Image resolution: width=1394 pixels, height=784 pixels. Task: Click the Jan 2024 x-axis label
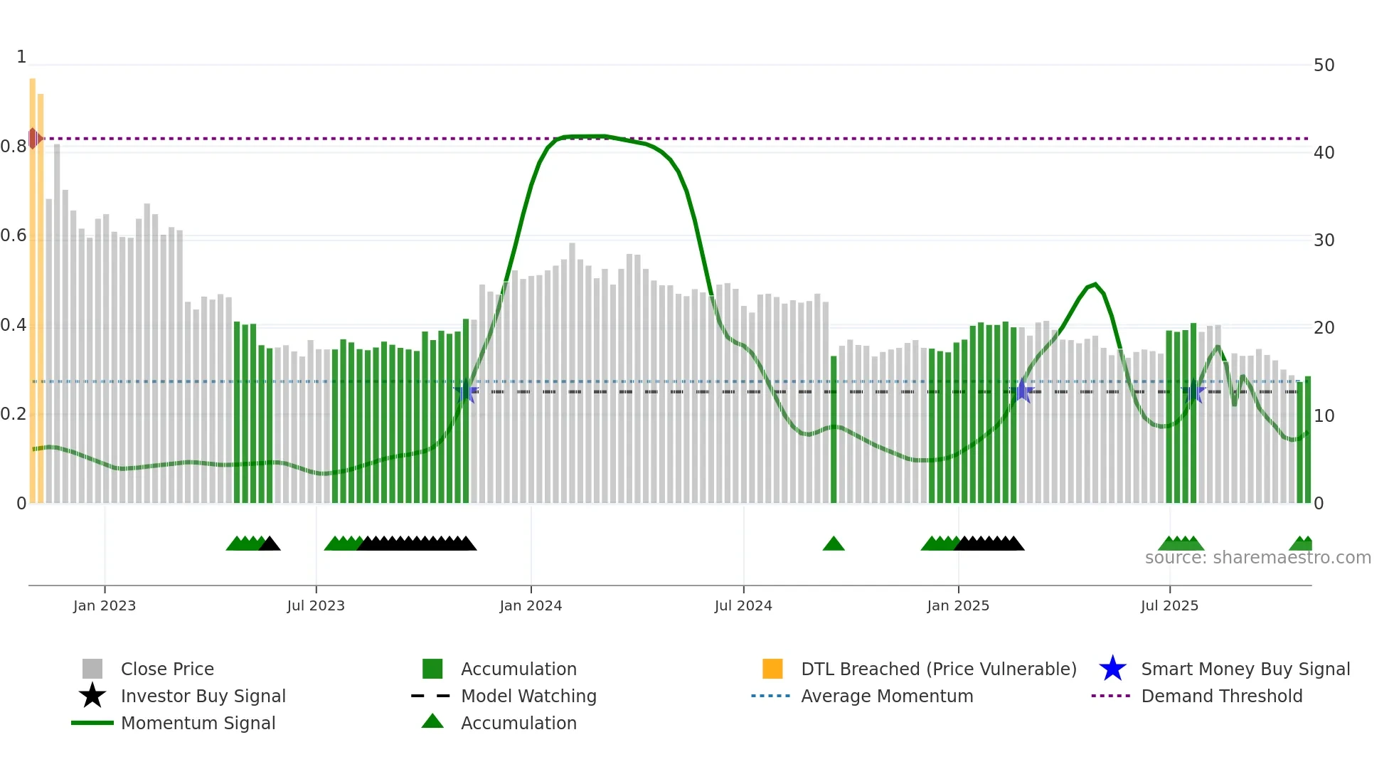531,605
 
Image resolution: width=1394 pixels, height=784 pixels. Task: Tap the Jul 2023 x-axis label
316,605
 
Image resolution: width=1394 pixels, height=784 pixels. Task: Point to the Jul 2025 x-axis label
1169,605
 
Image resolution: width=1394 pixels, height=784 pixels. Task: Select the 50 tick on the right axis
1324,65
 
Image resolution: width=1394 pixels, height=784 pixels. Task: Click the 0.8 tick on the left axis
14,147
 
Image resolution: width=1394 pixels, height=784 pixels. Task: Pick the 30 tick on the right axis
1324,240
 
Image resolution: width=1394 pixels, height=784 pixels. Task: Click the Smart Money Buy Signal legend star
1112,669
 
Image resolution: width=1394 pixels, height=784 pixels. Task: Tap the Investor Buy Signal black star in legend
92,696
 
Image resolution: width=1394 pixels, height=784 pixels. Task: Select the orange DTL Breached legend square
772,669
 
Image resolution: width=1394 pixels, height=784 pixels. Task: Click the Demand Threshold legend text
1221,696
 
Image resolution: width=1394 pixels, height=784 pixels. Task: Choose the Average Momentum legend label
887,696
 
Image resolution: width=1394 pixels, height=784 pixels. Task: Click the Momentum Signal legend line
92,723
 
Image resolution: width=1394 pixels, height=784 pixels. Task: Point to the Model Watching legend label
528,696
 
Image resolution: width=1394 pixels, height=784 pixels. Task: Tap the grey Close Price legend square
92,669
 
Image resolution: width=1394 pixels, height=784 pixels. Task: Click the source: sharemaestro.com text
1257,558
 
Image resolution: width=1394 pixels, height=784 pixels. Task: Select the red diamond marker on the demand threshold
33,138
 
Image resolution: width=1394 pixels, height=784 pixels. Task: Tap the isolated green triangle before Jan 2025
834,544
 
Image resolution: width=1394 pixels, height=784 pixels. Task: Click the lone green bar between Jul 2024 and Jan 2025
834,430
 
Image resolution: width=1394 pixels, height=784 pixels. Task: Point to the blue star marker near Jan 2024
466,391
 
